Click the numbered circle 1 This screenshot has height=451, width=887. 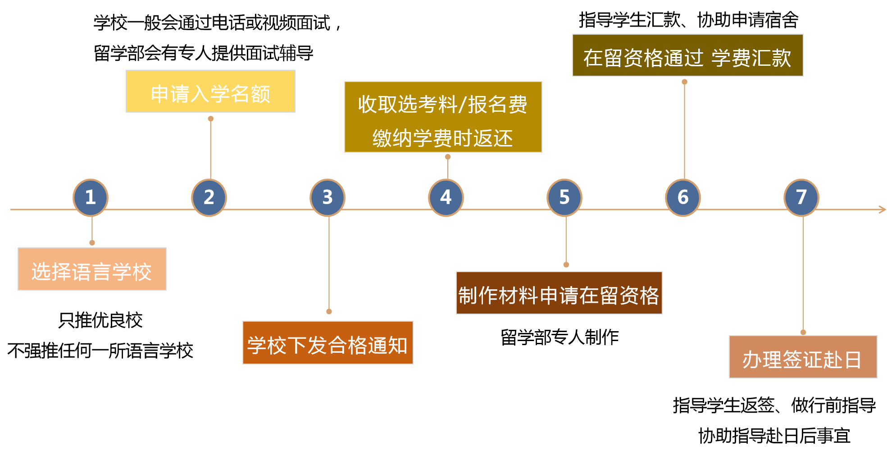click(91, 197)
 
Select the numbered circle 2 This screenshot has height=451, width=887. click(209, 197)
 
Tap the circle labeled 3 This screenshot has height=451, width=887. click(328, 197)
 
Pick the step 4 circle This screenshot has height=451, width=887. click(446, 197)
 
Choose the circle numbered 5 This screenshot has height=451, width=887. click(564, 197)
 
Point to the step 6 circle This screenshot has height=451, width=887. click(683, 197)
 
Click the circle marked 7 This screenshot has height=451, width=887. click(801, 197)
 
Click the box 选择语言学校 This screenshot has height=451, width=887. click(92, 269)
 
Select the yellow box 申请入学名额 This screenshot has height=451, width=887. click(210, 91)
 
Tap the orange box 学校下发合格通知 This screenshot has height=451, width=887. click(328, 343)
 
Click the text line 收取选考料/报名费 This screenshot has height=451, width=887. click(442, 105)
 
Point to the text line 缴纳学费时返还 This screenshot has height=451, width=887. click(442, 138)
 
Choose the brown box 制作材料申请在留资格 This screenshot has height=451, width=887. click(559, 293)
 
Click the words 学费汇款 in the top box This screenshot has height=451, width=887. click(751, 58)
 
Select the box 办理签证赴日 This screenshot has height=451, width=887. click(803, 357)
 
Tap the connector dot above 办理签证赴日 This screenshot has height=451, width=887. click(803, 332)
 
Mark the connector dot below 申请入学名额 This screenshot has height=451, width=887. click(210, 119)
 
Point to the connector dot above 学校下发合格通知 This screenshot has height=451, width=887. click(329, 311)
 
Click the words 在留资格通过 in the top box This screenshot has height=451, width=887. click(643, 58)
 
